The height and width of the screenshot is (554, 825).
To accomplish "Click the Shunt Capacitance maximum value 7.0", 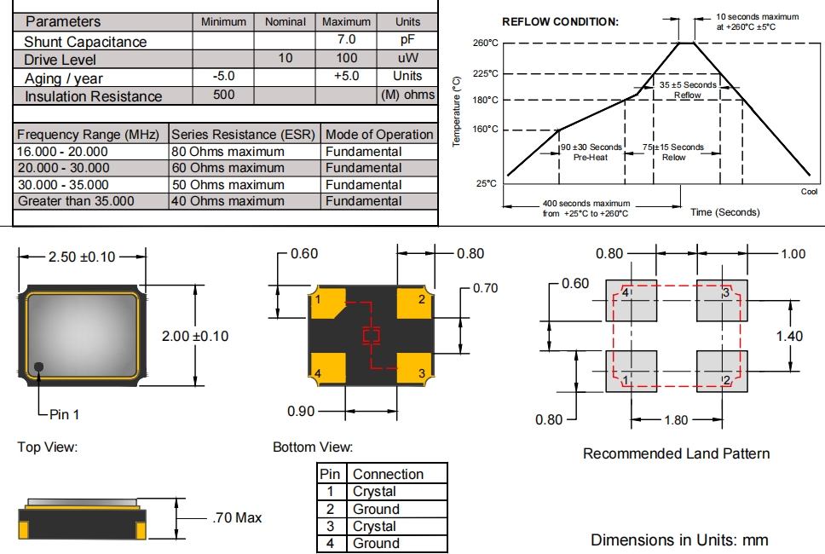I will click(346, 40).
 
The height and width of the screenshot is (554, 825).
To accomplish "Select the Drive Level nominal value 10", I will click(285, 59).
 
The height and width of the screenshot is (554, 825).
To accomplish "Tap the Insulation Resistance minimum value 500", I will click(223, 95).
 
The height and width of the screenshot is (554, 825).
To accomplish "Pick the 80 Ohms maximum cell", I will click(228, 152).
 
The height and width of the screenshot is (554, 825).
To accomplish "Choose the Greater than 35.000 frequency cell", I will click(76, 201).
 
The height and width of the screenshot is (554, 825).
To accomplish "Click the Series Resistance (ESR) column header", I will click(244, 135).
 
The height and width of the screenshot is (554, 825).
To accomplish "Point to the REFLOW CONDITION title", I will click(560, 21).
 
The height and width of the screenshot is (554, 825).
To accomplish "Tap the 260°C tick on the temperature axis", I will click(484, 43).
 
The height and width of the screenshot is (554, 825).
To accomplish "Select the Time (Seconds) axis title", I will click(724, 212).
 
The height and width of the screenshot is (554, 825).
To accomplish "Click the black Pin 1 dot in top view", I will click(39, 366).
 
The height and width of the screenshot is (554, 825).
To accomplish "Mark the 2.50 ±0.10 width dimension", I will click(83, 257).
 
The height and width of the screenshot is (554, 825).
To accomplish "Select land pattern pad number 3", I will click(721, 300).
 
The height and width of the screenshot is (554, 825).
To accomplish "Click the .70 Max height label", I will click(236, 517).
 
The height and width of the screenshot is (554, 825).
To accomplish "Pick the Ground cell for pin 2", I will click(376, 509).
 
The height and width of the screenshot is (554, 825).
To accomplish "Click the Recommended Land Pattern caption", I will click(676, 453).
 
